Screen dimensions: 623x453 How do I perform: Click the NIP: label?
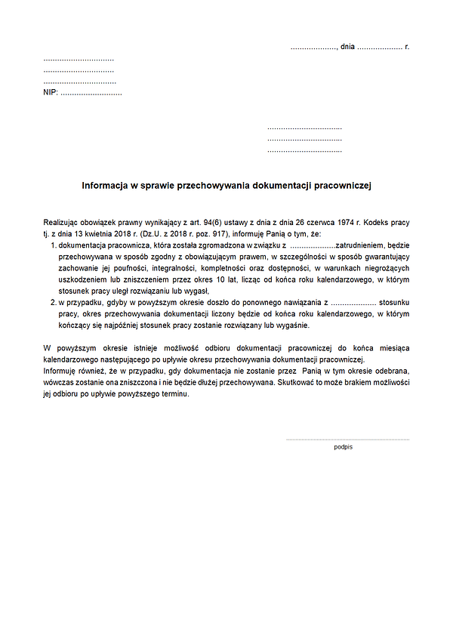[x=51, y=93]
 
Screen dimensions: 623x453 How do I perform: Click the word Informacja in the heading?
[x=106, y=184]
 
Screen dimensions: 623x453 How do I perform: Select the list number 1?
[x=53, y=246]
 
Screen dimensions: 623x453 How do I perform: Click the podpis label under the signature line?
[x=344, y=447]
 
